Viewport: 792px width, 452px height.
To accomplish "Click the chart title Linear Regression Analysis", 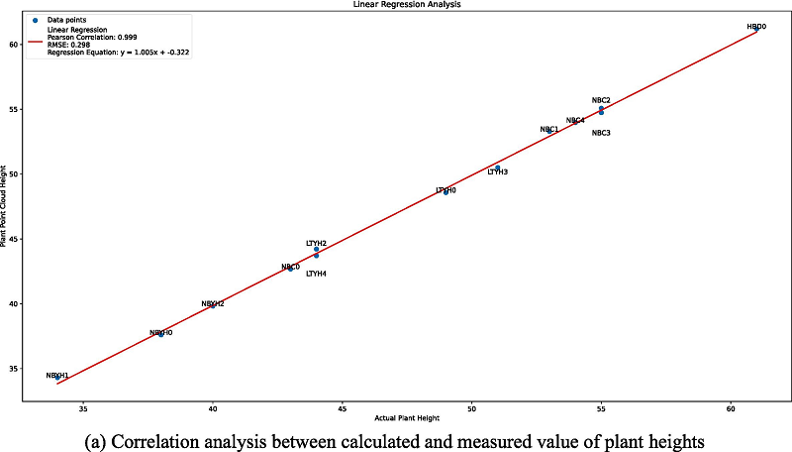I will (x=396, y=5).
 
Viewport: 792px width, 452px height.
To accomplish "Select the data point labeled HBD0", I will (x=756, y=29).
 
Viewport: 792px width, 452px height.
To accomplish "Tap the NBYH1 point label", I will (x=57, y=376).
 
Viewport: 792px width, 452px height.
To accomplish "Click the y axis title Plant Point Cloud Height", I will (x=6, y=209).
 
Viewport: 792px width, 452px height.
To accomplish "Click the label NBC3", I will (x=601, y=133).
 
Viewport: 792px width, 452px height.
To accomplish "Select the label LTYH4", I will (x=316, y=274).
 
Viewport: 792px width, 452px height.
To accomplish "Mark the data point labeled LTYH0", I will (x=445, y=191).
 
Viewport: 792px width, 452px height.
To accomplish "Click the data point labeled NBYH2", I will (x=213, y=305).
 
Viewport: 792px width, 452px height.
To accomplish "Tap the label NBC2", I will (x=601, y=100).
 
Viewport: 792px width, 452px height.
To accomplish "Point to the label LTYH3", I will (x=497, y=172).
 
